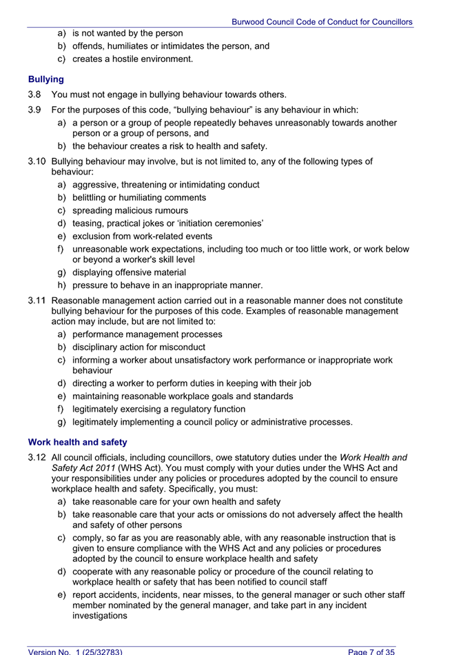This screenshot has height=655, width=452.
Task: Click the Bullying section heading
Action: (45, 79)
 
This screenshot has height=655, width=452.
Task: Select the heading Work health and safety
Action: (77, 441)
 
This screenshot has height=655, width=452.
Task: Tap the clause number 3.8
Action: (34, 94)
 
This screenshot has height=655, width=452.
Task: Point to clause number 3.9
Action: (34, 110)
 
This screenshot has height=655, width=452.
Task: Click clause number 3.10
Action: (37, 162)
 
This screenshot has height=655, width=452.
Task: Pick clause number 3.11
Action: (37, 301)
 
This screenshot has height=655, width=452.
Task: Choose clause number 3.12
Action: (37, 456)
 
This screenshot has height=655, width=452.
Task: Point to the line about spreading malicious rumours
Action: (130, 210)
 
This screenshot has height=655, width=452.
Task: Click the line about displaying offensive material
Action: (129, 272)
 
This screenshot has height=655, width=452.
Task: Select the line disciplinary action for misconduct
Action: (138, 347)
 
